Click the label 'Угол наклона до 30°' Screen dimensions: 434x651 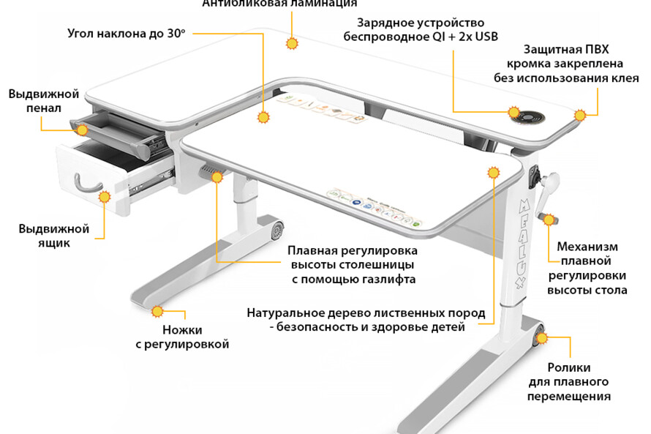(126, 34)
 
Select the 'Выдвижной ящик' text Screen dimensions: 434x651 (53, 236)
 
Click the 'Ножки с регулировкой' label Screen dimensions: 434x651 (182, 337)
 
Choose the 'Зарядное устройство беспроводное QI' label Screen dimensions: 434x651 (420, 30)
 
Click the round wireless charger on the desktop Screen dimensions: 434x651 (530, 116)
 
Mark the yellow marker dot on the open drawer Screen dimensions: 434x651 (105, 196)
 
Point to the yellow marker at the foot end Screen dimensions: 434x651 (157, 312)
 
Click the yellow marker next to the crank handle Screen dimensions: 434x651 (548, 219)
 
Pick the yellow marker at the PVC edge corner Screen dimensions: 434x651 (580, 115)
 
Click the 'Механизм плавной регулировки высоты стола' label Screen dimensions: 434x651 (587, 269)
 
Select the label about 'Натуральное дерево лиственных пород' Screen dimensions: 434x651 (366, 320)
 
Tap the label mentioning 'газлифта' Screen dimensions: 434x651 (353, 264)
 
